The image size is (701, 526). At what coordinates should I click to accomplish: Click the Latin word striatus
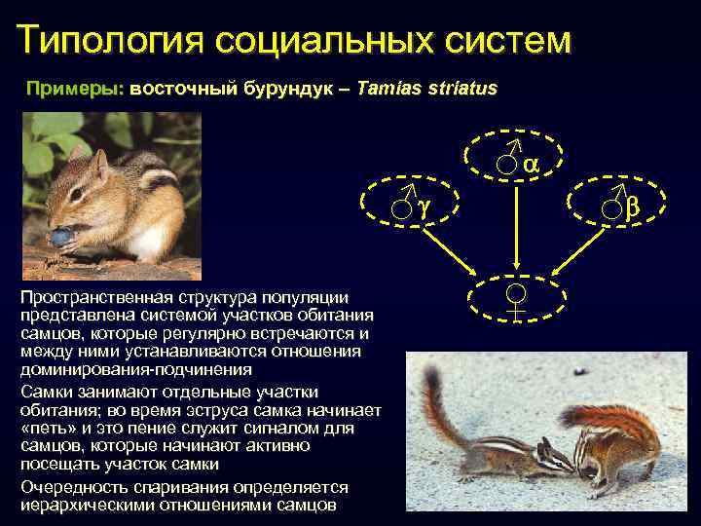(463, 88)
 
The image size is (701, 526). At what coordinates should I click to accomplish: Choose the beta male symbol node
(621, 204)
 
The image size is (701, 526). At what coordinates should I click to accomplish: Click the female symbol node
(516, 298)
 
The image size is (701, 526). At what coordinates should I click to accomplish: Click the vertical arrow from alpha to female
(516, 229)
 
